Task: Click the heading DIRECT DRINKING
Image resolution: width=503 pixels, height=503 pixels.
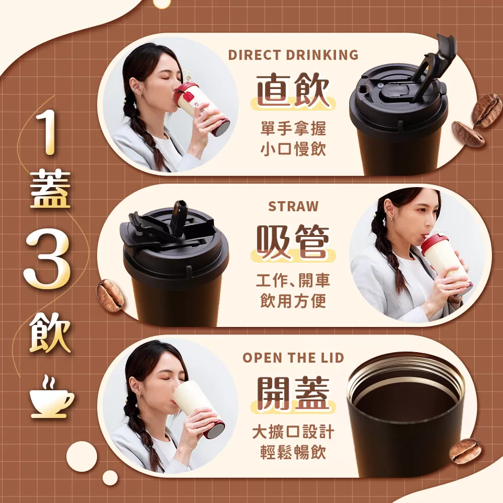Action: click(293, 55)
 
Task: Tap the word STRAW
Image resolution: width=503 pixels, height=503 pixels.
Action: click(293, 206)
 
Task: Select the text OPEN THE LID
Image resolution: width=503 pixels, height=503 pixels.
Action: click(293, 358)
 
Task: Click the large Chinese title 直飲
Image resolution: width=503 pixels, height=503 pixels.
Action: click(293, 90)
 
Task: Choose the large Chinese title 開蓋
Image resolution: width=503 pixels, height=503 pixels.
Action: click(293, 393)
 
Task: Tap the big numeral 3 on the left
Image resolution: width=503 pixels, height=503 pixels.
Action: click(47, 259)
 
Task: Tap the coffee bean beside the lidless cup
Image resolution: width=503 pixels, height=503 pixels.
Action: click(465, 451)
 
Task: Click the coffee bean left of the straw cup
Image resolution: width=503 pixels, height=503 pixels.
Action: click(110, 296)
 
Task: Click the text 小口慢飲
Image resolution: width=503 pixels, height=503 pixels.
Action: click(293, 149)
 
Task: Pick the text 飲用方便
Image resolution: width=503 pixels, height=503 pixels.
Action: click(293, 301)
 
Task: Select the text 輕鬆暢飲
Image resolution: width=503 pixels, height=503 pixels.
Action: click(293, 452)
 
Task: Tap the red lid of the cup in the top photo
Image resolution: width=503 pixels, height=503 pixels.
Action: click(186, 94)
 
